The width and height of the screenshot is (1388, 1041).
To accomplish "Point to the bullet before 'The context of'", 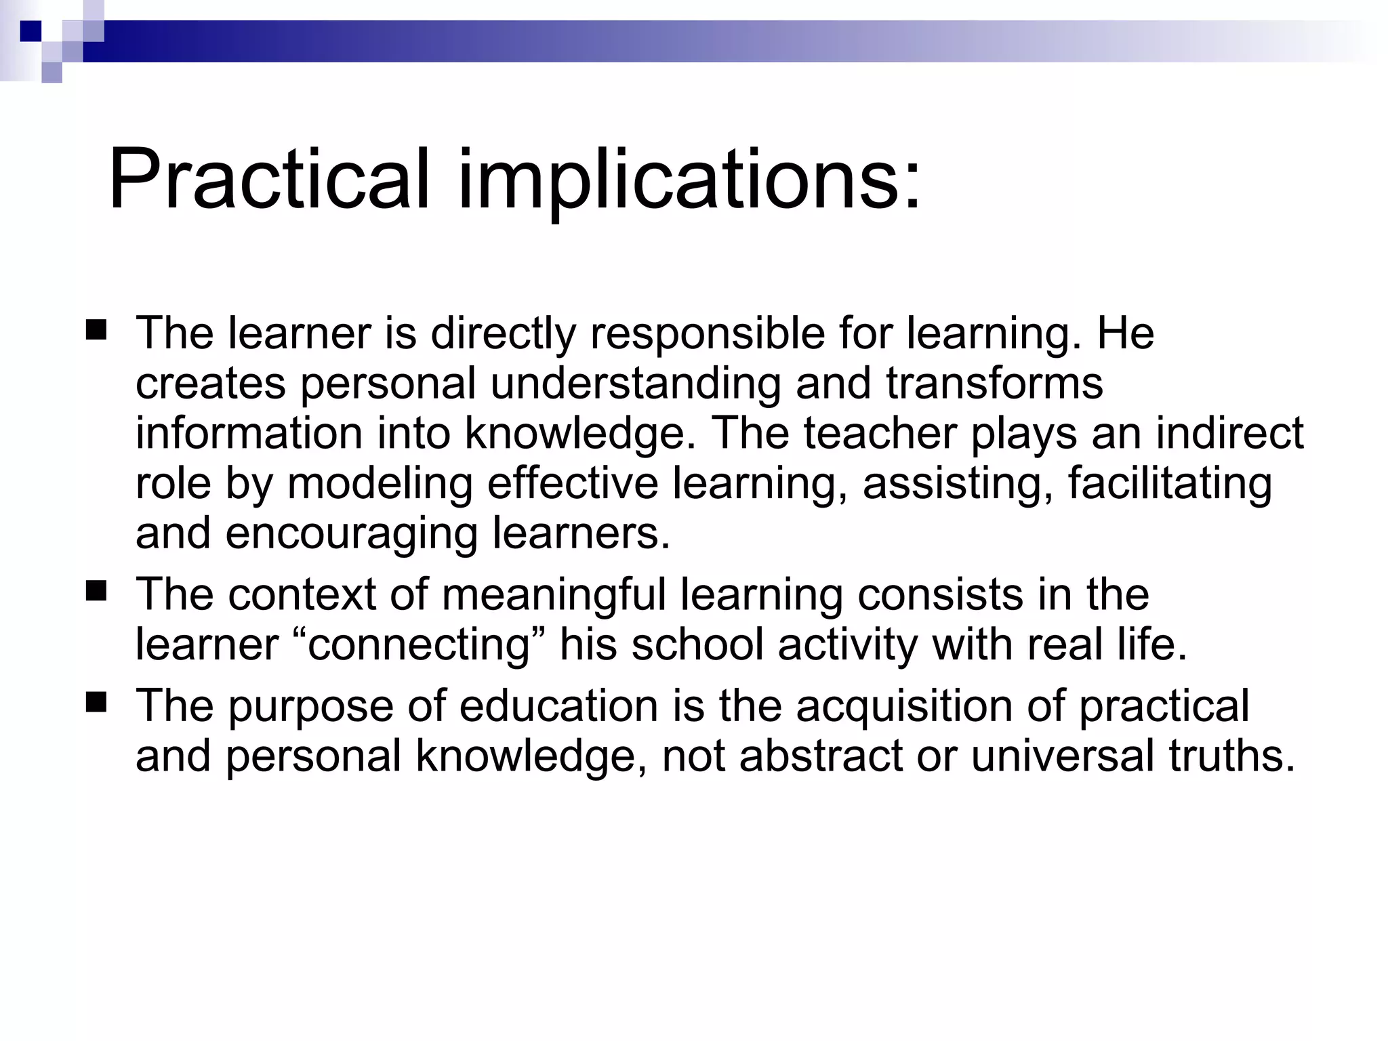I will click(x=96, y=592).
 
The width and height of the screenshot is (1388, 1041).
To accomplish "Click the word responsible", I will click(x=708, y=334).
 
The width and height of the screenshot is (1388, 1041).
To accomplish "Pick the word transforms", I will click(x=994, y=384).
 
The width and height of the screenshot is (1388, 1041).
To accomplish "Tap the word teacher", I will click(x=880, y=433).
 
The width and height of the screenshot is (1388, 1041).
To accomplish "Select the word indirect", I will click(x=1229, y=433).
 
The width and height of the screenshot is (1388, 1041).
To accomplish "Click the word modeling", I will click(x=380, y=484).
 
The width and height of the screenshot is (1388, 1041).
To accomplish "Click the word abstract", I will click(x=821, y=756).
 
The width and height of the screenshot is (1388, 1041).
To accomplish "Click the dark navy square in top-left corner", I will click(x=30, y=30).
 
